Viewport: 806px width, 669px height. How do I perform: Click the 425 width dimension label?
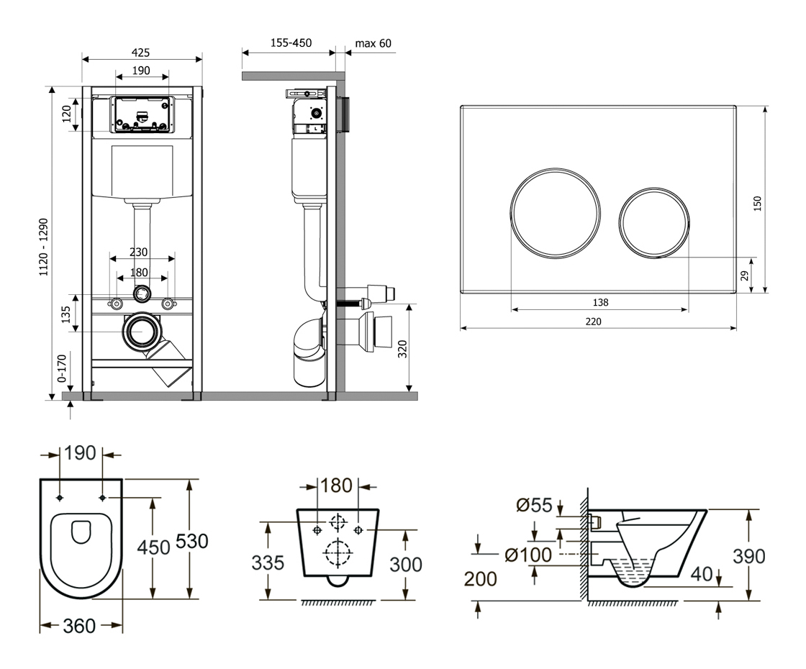pyautogui.click(x=141, y=53)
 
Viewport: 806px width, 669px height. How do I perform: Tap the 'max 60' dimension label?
pyautogui.click(x=373, y=43)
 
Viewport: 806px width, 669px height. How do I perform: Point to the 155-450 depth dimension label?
pyautogui.click(x=291, y=43)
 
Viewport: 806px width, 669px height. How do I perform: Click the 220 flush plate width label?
pyautogui.click(x=593, y=321)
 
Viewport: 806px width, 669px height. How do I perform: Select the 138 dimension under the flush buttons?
pyautogui.click(x=600, y=303)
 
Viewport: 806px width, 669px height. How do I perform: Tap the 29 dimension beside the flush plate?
pyautogui.click(x=746, y=276)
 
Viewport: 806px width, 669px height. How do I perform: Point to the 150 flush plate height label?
pyautogui.click(x=757, y=204)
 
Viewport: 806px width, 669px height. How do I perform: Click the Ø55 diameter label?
pyautogui.click(x=534, y=506)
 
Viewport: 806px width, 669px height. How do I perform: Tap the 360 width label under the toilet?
pyautogui.click(x=79, y=626)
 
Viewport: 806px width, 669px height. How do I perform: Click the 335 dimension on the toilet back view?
pyautogui.click(x=267, y=563)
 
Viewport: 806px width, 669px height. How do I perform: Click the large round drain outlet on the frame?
pyautogui.click(x=142, y=332)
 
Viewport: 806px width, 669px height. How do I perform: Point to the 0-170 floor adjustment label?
pyautogui.click(x=63, y=367)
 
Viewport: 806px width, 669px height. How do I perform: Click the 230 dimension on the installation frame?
pyautogui.click(x=139, y=252)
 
